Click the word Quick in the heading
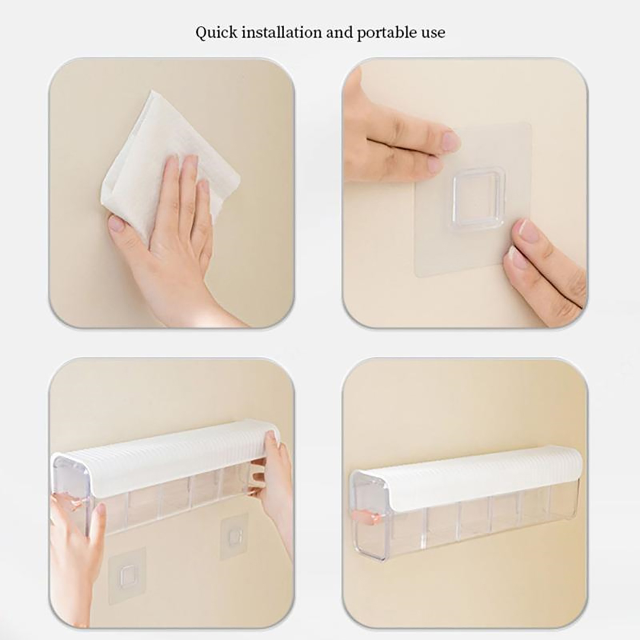point(216,32)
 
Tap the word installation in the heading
point(282,32)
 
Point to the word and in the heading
point(340,32)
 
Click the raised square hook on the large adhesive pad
point(474,199)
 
